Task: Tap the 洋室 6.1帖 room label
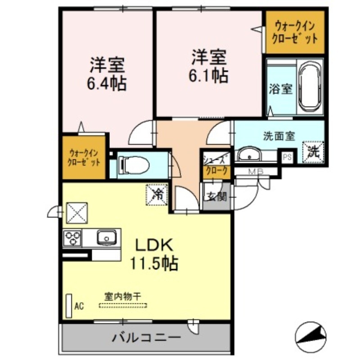click(208, 66)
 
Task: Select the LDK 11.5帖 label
click(154, 254)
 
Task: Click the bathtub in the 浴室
click(310, 86)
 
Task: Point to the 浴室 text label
click(281, 89)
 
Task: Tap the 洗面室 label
click(279, 135)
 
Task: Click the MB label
click(256, 171)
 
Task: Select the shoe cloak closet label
click(216, 165)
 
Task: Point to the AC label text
click(79, 307)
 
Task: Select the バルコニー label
click(146, 337)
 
